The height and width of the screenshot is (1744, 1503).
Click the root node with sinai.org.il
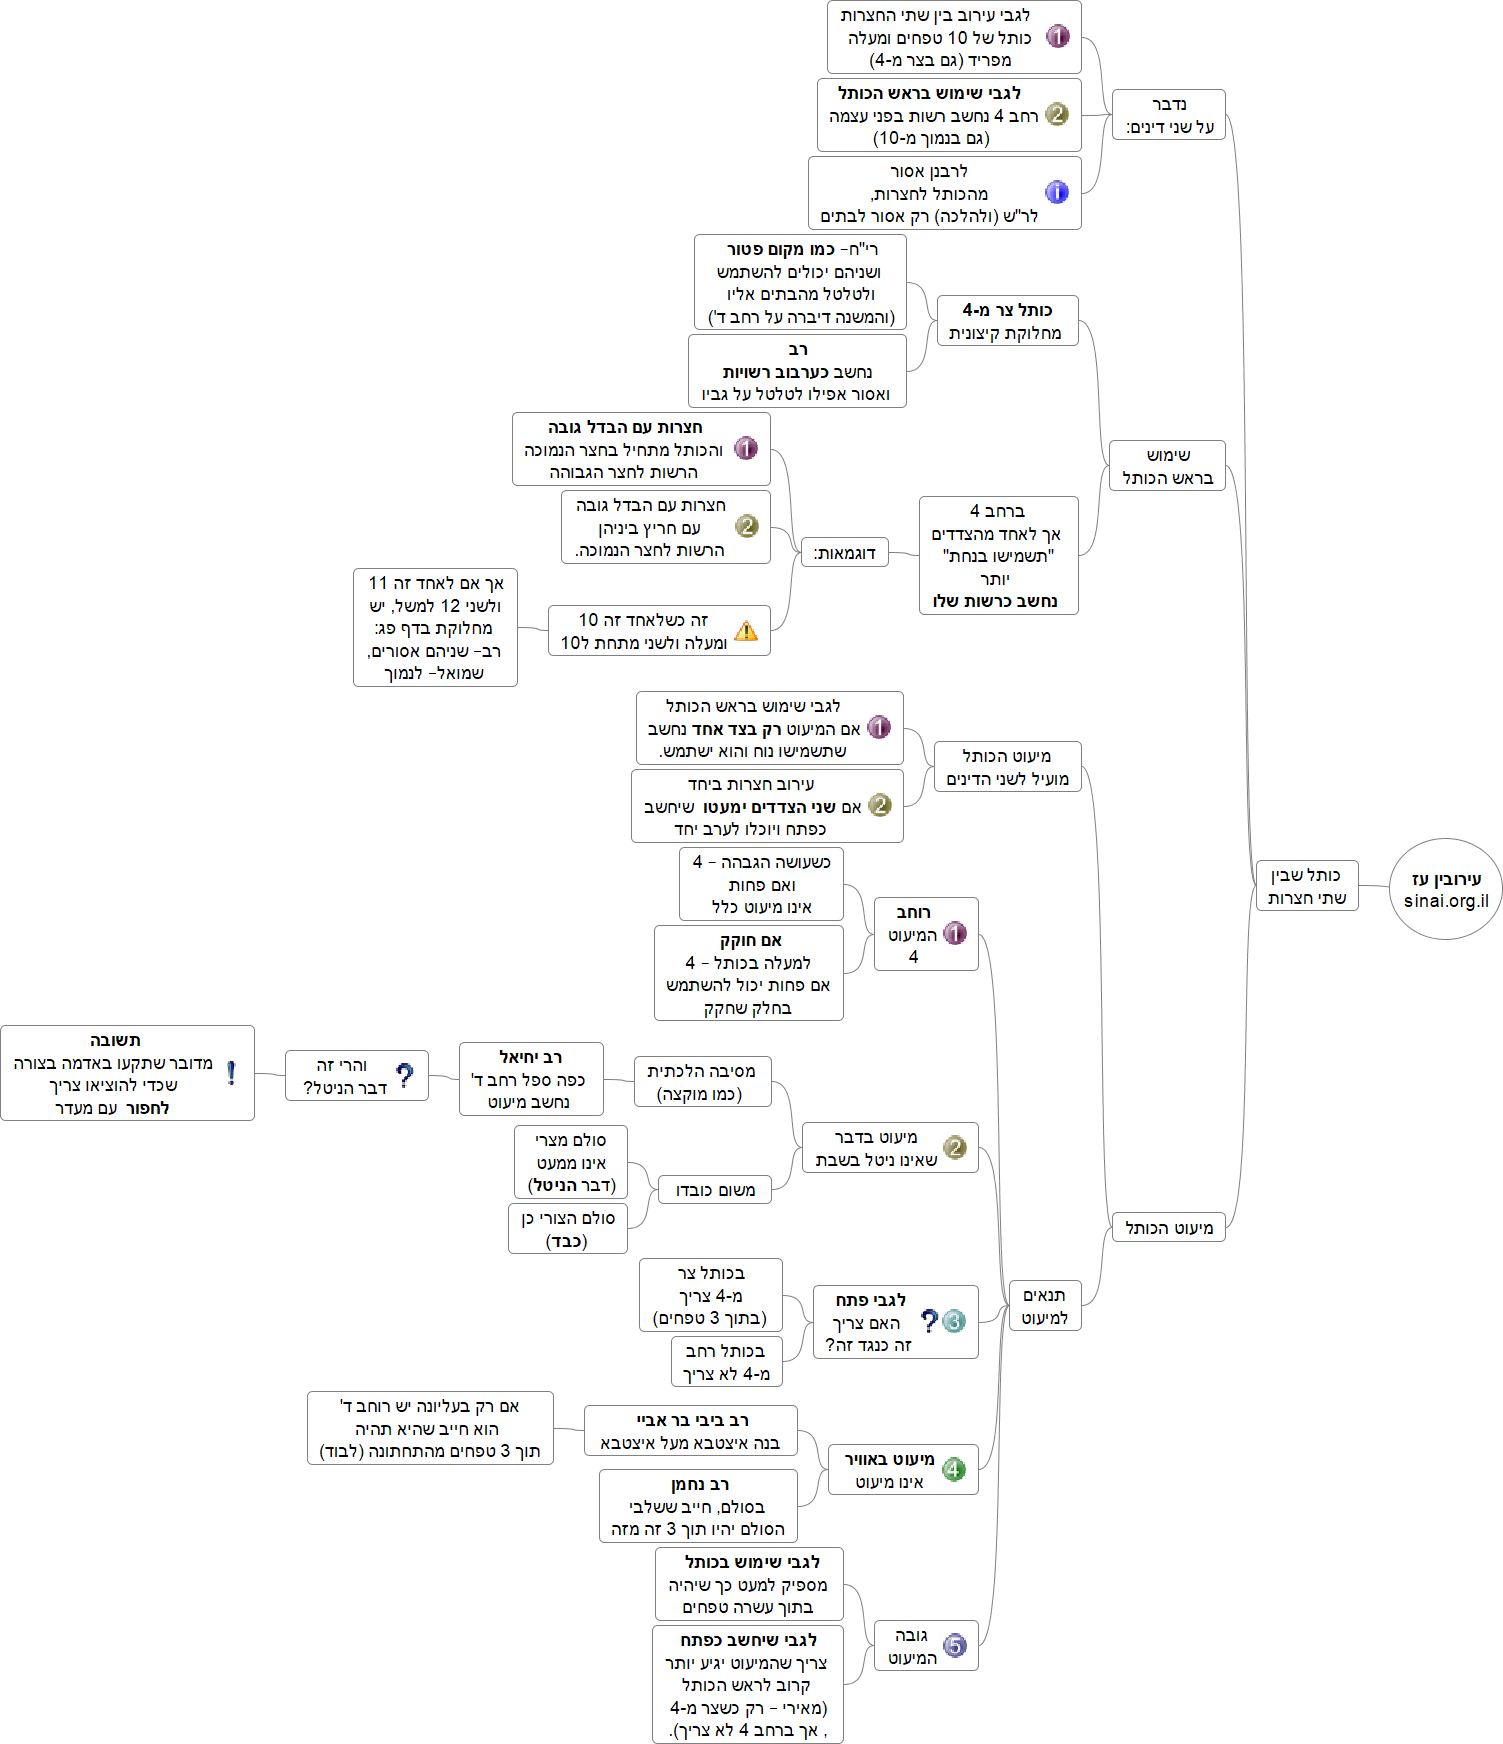click(1445, 889)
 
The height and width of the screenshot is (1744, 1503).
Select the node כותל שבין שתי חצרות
click(1307, 886)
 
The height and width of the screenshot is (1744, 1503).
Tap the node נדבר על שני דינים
click(1168, 115)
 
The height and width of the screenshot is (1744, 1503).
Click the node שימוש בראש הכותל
click(1167, 466)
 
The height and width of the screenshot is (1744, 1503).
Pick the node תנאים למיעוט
click(1045, 1306)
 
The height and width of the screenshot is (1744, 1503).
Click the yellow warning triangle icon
click(746, 631)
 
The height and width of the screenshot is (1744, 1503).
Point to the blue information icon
click(1056, 192)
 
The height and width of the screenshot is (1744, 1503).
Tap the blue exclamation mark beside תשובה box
click(231, 1073)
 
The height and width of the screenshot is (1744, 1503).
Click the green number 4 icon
click(954, 1469)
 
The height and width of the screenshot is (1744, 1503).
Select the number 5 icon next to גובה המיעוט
click(955, 1645)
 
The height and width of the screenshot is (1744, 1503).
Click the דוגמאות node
click(844, 553)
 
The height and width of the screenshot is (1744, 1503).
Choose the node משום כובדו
click(715, 1190)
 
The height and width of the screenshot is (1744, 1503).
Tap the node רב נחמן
click(698, 1506)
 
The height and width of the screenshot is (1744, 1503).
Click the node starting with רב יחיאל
click(530, 1079)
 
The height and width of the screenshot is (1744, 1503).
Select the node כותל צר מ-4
click(1006, 321)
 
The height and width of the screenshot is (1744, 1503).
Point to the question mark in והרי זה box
click(404, 1076)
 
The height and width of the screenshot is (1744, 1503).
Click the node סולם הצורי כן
click(567, 1229)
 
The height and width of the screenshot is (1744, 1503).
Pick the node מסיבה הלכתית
click(701, 1082)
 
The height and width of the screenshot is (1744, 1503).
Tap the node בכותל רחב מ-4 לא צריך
click(726, 1362)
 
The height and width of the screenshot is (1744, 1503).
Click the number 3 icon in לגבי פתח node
click(953, 1321)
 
